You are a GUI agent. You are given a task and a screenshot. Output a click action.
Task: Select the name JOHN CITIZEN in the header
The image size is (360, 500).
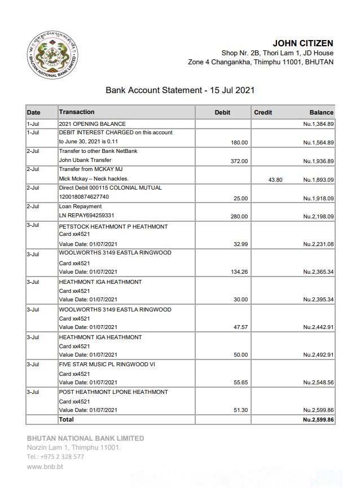pos(302,43)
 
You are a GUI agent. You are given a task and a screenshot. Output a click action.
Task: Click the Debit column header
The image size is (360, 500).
pos(222,112)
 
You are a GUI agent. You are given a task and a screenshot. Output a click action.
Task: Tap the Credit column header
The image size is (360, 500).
pos(263,112)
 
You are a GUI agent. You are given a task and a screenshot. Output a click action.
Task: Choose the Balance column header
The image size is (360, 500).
pos(321,112)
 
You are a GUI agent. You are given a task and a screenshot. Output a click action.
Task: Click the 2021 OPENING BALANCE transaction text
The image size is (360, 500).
pos(92,124)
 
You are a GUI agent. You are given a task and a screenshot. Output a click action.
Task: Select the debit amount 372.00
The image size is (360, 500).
pos(239,161)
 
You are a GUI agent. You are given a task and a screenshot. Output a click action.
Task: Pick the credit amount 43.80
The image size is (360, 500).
pos(275,179)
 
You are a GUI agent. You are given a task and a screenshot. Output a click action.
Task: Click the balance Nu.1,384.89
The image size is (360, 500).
pos(318,124)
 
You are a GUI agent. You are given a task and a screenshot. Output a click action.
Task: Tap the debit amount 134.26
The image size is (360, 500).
pos(239,272)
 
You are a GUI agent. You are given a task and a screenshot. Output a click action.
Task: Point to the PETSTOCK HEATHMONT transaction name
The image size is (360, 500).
pos(113,226)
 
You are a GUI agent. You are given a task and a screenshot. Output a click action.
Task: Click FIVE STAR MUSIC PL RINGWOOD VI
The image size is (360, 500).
pos(107,365)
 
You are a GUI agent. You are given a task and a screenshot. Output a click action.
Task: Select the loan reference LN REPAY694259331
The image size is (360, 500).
pos(86,216)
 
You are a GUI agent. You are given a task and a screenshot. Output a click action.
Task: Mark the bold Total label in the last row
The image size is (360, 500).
pos(66,419)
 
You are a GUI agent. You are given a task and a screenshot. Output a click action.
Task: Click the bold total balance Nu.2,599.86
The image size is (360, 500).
pos(318,420)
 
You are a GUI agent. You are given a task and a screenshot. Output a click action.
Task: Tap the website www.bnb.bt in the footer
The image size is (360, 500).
pos(45,467)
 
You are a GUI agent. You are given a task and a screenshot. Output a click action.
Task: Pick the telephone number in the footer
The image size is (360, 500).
pos(55,457)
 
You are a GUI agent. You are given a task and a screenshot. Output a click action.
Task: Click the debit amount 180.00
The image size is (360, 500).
pos(239,142)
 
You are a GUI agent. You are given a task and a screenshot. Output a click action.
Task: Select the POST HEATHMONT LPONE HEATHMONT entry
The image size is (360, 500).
pos(113,392)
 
